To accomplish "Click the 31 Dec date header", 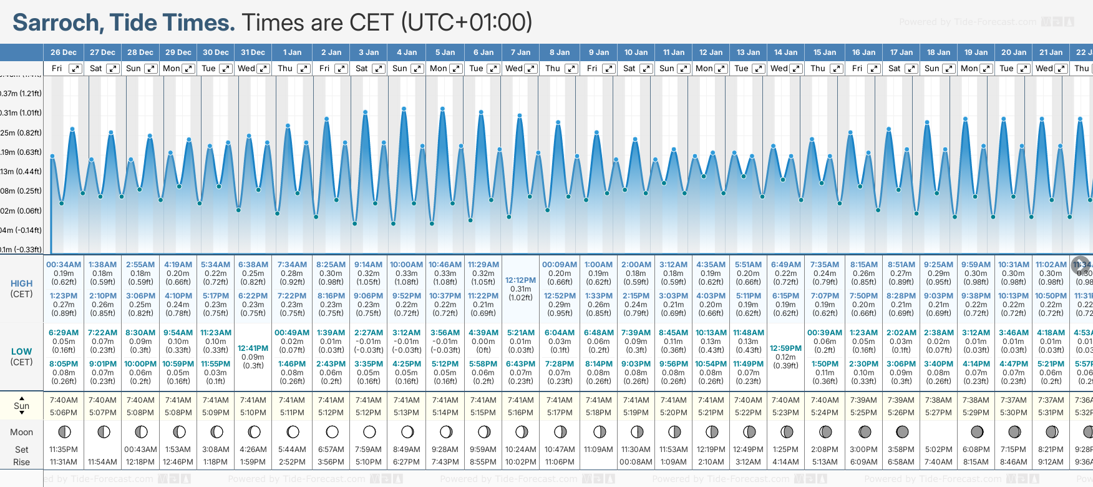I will pyautogui.click(x=253, y=52).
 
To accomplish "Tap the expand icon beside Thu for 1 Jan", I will pyautogui.click(x=304, y=69).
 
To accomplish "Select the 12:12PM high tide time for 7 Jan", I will pyautogui.click(x=520, y=280).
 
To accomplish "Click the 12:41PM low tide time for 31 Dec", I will pyautogui.click(x=253, y=348).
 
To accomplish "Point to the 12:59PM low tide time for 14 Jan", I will pyautogui.click(x=785, y=348).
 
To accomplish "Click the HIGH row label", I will pyautogui.click(x=21, y=283).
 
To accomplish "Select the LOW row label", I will pyautogui.click(x=21, y=352).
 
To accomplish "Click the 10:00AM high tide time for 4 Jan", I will pyautogui.click(x=406, y=265).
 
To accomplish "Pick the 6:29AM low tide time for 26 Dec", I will pyautogui.click(x=64, y=333).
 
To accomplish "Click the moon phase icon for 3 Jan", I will pyautogui.click(x=369, y=431).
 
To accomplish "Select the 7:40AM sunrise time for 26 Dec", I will pyautogui.click(x=64, y=400).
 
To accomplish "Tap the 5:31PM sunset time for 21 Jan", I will pyautogui.click(x=1051, y=413).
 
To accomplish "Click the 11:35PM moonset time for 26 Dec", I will pyautogui.click(x=64, y=450).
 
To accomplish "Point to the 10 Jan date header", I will pyautogui.click(x=636, y=52).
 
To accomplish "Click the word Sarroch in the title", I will pyautogui.click(x=58, y=22).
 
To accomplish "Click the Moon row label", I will pyautogui.click(x=21, y=432).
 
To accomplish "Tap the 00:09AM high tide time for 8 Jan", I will pyautogui.click(x=559, y=265).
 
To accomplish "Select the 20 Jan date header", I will pyautogui.click(x=1013, y=52).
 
